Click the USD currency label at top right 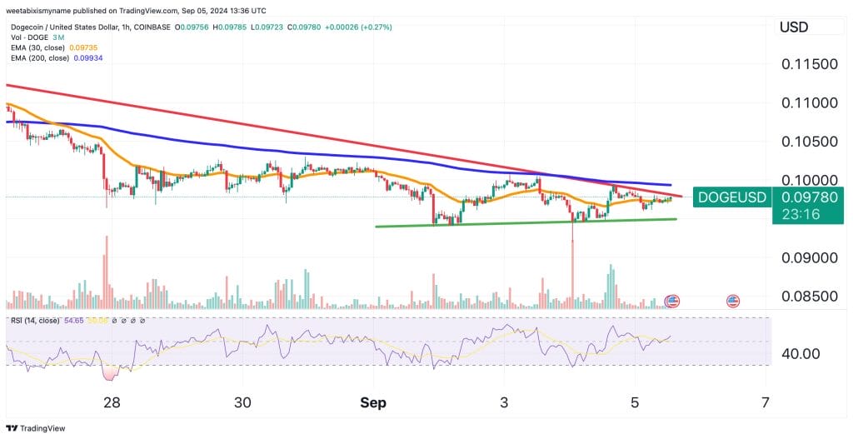794,27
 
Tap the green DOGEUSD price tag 731,197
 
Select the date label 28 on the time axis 112,402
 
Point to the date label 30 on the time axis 242,402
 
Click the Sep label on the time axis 373,402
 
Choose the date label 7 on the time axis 765,402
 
